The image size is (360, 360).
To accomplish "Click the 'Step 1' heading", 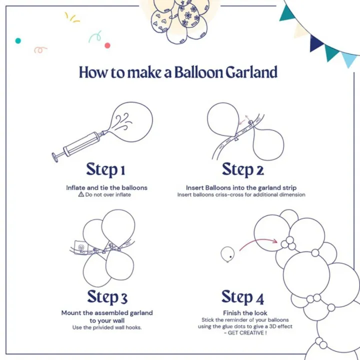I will (x=105, y=169).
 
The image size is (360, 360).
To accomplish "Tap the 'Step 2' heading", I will (x=243, y=169).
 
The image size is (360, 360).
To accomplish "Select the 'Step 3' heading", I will (x=107, y=296).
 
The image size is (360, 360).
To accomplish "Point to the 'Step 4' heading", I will (x=243, y=297).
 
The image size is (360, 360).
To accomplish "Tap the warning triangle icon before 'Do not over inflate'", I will (x=81, y=194).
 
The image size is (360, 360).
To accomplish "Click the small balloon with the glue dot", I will (x=228, y=254).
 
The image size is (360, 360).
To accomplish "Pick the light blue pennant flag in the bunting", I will (x=348, y=59).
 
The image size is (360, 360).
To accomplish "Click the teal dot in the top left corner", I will (x=18, y=40).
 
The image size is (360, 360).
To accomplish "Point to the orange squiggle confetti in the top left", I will (x=40, y=49).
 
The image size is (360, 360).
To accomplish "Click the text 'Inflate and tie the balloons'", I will (x=107, y=187).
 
